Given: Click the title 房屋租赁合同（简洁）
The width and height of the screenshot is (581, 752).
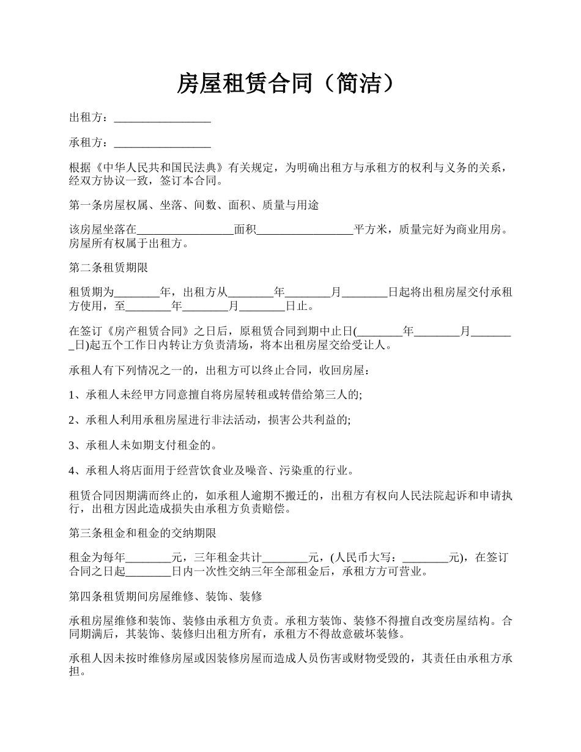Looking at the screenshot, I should (290, 83).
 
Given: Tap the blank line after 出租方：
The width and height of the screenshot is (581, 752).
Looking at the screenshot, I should (163, 118).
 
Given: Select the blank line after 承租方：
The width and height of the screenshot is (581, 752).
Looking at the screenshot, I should (163, 144).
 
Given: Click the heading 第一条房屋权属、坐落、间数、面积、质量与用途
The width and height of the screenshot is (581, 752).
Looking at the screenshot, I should (194, 205).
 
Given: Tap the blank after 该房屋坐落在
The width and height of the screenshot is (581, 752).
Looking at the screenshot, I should (185, 230).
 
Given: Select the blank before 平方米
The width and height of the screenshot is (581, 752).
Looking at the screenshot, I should (305, 230).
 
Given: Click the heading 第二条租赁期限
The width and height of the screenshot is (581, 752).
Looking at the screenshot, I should (108, 268).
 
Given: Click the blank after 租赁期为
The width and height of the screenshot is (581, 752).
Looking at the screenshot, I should (137, 293).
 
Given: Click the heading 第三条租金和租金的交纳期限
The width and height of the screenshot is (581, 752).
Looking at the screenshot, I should (142, 533).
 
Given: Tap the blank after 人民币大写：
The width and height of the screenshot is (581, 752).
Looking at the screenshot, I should (426, 558).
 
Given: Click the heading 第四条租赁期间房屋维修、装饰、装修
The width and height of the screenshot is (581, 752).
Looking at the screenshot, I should (166, 595).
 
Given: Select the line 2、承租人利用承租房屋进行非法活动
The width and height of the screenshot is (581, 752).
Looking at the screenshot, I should (210, 421).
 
